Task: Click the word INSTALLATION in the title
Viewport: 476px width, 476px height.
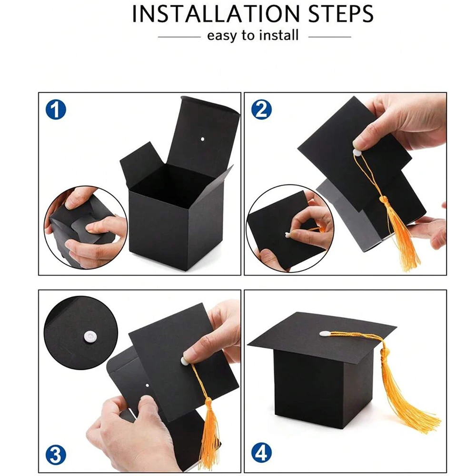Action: [216, 14]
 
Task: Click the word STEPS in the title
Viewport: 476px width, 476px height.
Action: [341, 14]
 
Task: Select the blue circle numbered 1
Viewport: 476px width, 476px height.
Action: [56, 109]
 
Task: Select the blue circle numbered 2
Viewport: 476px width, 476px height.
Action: [261, 109]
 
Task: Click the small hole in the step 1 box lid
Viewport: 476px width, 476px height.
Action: [202, 139]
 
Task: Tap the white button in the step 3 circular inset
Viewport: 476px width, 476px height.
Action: [90, 337]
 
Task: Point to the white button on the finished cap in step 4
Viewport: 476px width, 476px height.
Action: [325, 333]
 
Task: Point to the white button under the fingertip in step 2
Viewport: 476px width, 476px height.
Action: [357, 152]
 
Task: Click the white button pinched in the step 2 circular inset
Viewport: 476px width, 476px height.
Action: [288, 234]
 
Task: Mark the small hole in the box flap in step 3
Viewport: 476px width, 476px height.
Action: [148, 386]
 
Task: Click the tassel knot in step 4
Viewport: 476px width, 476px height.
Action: [386, 353]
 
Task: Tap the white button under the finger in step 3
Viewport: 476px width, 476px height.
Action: [185, 360]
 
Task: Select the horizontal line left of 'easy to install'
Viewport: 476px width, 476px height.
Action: [179, 37]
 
